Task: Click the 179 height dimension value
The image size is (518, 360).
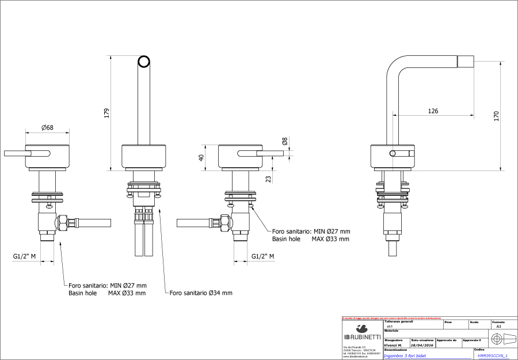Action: coord(106,113)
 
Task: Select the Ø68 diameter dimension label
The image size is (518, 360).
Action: coord(47,127)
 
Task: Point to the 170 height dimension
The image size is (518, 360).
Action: coord(496,115)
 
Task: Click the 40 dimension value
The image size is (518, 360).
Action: coord(201,158)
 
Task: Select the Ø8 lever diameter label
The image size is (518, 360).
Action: coord(284,141)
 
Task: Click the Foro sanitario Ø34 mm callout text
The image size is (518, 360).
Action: coord(201,293)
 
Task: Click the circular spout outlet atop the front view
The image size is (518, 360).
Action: coord(144,62)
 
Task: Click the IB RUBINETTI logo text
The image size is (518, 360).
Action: coord(362,336)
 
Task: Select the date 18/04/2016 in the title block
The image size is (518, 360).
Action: coord(422,345)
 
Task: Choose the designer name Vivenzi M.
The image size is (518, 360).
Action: coord(393,345)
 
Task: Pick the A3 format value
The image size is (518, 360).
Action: coord(498,326)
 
